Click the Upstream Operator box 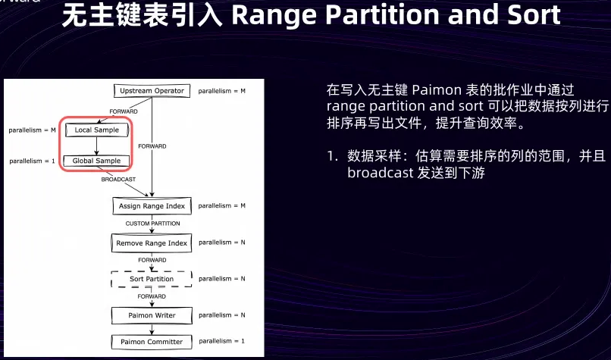coord(152,91)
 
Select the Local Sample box coord(98,130)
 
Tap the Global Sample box coord(98,161)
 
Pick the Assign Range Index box coord(152,206)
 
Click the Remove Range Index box coord(152,243)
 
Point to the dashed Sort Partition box coord(152,279)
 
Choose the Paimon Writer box coord(152,315)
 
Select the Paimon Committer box coord(152,342)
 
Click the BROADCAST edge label coord(119,180)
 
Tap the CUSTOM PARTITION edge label coord(152,224)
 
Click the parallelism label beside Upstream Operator coord(222,91)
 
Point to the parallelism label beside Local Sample coord(33,130)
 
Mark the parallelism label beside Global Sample coord(31,161)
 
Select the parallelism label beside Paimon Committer coord(221,342)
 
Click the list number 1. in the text coord(332,156)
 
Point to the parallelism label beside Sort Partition coord(222,279)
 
